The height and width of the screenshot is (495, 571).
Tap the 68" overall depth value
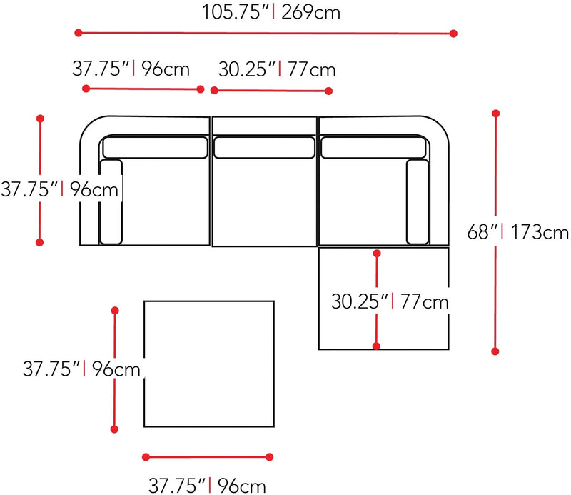(482, 232)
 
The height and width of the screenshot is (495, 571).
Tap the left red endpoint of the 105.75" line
(78, 32)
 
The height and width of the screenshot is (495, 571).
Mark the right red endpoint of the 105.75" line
(453, 33)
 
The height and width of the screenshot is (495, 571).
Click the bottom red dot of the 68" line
(495, 351)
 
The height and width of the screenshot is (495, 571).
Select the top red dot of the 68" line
(495, 113)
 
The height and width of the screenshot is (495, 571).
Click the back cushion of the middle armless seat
(264, 147)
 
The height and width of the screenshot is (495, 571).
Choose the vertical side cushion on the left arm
(111, 201)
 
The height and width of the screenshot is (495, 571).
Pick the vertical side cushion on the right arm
(417, 201)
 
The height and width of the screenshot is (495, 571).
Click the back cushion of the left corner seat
(155, 147)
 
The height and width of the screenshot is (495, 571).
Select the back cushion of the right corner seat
(373, 147)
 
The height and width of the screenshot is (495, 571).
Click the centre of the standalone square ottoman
(210, 364)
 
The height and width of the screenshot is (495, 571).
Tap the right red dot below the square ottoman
(270, 456)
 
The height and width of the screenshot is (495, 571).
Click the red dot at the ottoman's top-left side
(115, 311)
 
